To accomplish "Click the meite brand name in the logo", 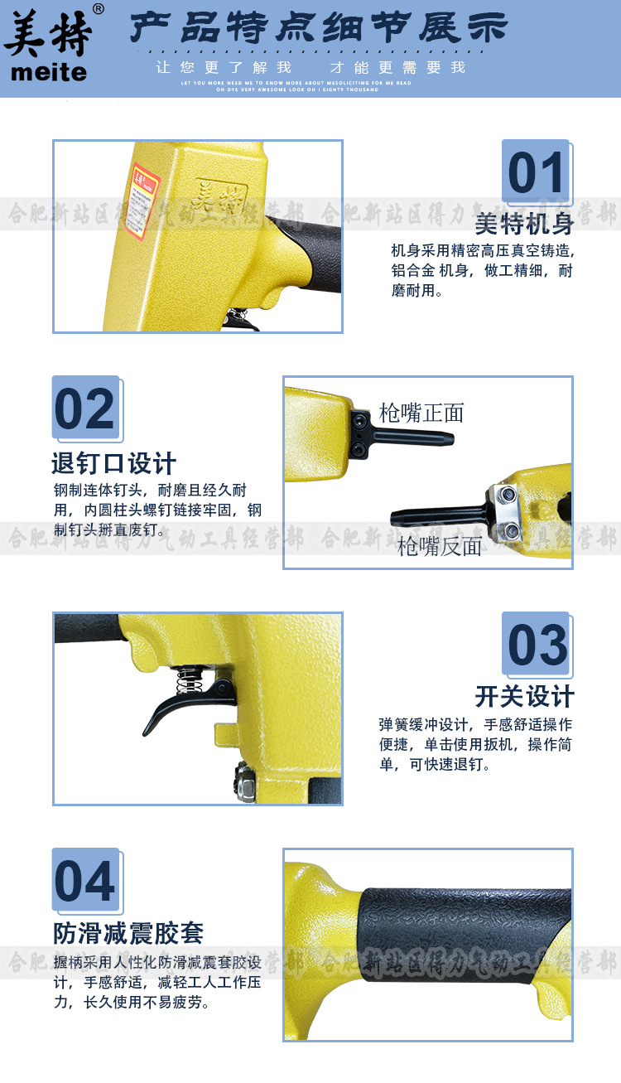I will pyautogui.click(x=48, y=73).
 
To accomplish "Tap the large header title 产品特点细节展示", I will pyautogui.click(x=319, y=29).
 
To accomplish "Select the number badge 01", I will pyautogui.click(x=536, y=173).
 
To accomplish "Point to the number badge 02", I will pyautogui.click(x=85, y=409).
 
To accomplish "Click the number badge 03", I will pyautogui.click(x=536, y=645).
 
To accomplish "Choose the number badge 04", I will pyautogui.click(x=85, y=881).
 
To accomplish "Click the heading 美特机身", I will pyautogui.click(x=524, y=224).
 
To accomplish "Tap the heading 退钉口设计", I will pyautogui.click(x=113, y=462).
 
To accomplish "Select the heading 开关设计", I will pyautogui.click(x=524, y=696).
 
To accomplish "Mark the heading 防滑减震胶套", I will pyautogui.click(x=128, y=933).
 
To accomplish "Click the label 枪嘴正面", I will pyautogui.click(x=421, y=412).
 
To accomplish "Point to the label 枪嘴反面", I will pyautogui.click(x=440, y=546).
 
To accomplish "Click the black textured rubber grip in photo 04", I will pyautogui.click(x=464, y=935).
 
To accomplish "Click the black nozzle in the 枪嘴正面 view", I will pyautogui.click(x=414, y=434).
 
